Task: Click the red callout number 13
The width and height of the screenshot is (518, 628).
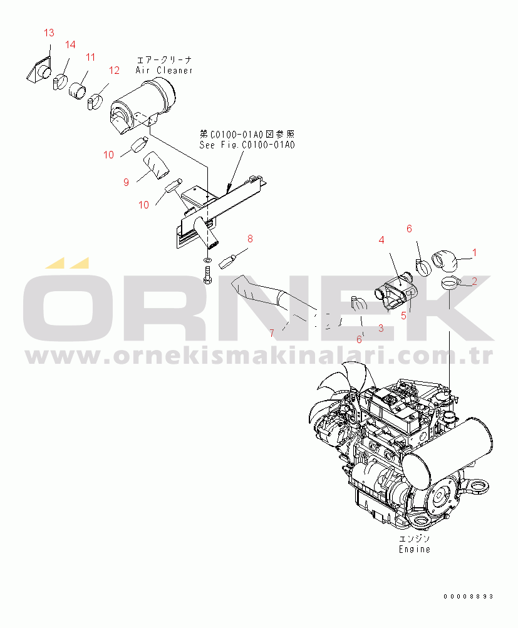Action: coord(49,33)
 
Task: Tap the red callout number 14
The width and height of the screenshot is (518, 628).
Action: coord(70,44)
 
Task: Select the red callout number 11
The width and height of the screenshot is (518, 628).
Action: coord(91,57)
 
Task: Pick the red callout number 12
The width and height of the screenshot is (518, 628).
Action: coord(114,71)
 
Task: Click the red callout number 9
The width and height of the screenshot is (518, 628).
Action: coord(126,183)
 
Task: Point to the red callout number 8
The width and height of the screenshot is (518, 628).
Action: coord(250,239)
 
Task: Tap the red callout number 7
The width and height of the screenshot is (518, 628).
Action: coord(272,333)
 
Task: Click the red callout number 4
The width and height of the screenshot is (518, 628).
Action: coord(381,240)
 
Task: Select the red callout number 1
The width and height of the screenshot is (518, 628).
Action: coord(475,253)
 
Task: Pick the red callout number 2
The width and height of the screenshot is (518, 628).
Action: coord(474,281)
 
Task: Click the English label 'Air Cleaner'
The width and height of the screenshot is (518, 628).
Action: coord(164,71)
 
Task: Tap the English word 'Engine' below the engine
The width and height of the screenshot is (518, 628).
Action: coord(415,549)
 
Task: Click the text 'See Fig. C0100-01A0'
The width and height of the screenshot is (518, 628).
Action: coord(247,145)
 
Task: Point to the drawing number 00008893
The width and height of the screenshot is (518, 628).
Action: coord(469,596)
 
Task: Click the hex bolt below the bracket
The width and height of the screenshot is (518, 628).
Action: coord(207,275)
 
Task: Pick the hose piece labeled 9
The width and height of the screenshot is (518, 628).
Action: coord(157,165)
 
